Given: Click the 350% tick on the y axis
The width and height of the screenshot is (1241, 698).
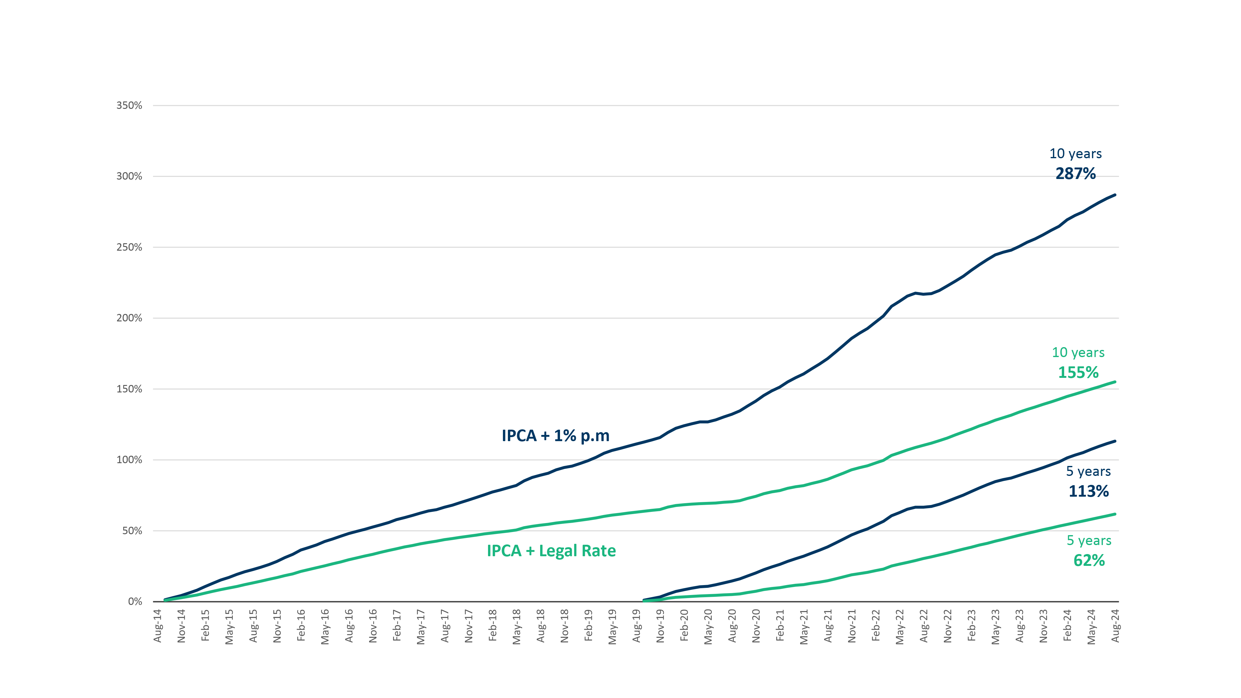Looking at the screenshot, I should point(129,105).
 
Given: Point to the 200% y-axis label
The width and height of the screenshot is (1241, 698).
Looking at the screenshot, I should point(129,318).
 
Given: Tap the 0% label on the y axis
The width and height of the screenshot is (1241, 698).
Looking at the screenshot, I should point(135,601).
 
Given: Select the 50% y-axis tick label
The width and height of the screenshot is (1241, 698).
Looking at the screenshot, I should point(132,530).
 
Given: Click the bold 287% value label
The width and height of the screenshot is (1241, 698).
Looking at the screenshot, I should point(1075,173).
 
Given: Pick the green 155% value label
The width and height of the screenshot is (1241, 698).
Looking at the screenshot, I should point(1078,372).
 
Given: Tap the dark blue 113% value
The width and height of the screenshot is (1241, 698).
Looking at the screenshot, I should point(1088,491).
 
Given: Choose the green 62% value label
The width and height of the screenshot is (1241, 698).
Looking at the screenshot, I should point(1089,560).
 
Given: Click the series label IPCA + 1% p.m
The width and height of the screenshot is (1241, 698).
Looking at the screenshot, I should point(555,436).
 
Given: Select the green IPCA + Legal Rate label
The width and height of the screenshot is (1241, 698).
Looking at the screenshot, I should point(551,551).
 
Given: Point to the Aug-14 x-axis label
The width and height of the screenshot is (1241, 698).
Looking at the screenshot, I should point(158,626).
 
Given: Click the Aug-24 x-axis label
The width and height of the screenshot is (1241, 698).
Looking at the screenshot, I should point(1115,626).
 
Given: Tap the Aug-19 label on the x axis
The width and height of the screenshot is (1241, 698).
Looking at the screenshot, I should point(636,626).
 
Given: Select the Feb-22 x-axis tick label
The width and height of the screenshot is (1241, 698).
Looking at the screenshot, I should point(876,626).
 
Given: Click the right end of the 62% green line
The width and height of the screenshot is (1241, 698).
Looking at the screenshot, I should point(1115,514).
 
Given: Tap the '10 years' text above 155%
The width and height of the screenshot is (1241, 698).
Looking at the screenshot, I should point(1078,353).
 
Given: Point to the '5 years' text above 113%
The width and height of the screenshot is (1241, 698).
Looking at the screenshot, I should point(1088,471).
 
